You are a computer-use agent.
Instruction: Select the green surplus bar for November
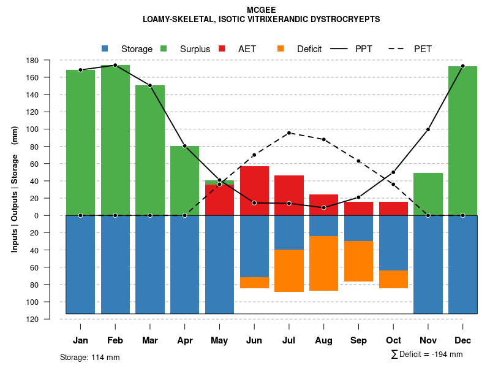428,194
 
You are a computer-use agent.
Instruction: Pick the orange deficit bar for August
323,263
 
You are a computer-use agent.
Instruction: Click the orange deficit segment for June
254,283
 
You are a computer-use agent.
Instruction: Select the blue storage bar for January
80,264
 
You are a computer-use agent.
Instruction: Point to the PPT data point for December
463,66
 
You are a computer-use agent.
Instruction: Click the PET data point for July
289,132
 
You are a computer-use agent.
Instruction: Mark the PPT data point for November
428,129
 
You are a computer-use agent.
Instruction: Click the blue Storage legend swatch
105,48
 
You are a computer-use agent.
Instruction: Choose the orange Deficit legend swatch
281,48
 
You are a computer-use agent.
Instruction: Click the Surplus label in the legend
195,49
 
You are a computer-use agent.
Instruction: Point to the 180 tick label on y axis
50,61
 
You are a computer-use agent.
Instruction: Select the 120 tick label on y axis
50,320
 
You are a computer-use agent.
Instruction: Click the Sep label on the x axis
358,340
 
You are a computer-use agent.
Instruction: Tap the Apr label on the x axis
184,340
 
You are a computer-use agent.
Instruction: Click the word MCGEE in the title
261,10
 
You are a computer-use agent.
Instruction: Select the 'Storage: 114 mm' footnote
89,357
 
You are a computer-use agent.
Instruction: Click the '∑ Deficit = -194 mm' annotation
426,355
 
